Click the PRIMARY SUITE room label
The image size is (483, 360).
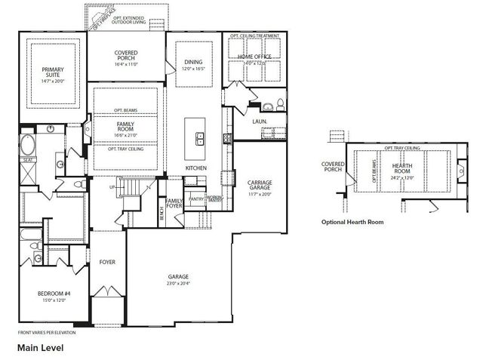point(53,72)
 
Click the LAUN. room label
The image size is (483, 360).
point(260,121)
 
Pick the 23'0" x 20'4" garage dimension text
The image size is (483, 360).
point(178,284)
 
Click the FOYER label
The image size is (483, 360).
point(107,262)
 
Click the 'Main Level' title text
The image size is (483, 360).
point(41,348)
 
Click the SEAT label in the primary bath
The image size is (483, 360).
point(28,160)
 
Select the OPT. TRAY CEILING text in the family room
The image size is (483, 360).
point(125,148)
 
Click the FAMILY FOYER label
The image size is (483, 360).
point(174,205)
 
